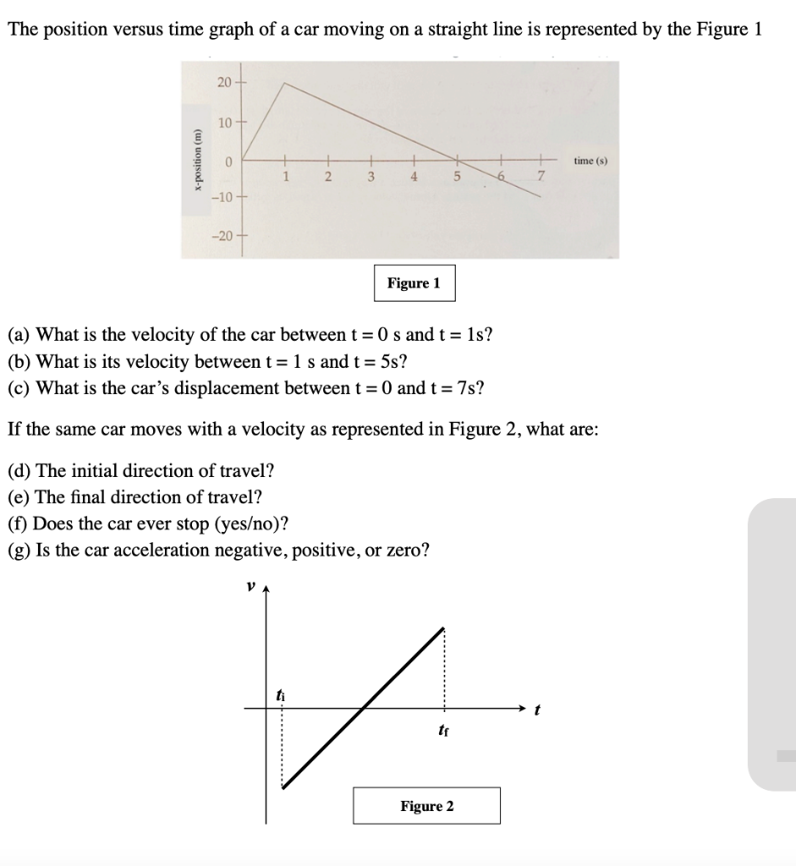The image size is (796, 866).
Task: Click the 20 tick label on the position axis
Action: tap(222, 81)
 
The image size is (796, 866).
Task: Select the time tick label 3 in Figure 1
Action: tap(371, 176)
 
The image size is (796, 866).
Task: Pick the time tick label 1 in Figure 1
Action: tap(285, 176)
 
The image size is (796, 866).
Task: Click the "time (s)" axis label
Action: tap(590, 160)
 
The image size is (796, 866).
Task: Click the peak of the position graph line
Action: tap(284, 83)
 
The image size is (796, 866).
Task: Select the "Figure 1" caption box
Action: tap(414, 283)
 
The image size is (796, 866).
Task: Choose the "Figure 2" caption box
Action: tap(426, 806)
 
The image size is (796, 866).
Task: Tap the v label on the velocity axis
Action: tap(250, 584)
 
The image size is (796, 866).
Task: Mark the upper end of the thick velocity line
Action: tap(443, 628)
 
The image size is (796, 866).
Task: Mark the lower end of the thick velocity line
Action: tap(283, 787)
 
